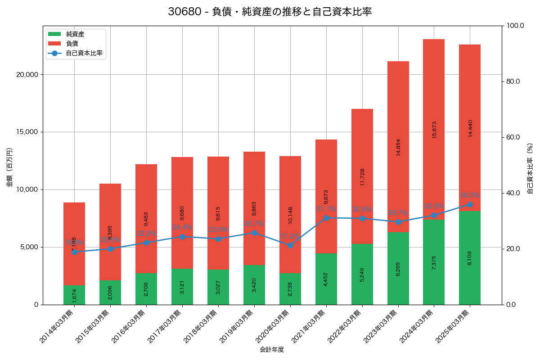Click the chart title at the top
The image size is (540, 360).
pyautogui.click(x=270, y=12)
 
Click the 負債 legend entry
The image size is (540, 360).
pyautogui.click(x=72, y=44)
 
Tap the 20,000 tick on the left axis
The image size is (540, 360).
pyautogui.click(x=27, y=75)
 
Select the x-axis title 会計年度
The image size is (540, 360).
pyautogui.click(x=272, y=350)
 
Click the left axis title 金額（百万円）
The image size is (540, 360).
pyautogui.click(x=9, y=167)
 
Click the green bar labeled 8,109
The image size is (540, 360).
pyautogui.click(x=470, y=258)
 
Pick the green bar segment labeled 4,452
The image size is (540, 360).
pyautogui.click(x=326, y=279)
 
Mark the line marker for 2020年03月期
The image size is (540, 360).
pyautogui.click(x=290, y=245)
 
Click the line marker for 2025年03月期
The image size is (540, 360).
pyautogui.click(x=470, y=204)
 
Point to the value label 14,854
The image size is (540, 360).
pyautogui.click(x=398, y=147)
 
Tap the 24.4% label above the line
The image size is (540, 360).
pyautogui.click(x=182, y=227)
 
